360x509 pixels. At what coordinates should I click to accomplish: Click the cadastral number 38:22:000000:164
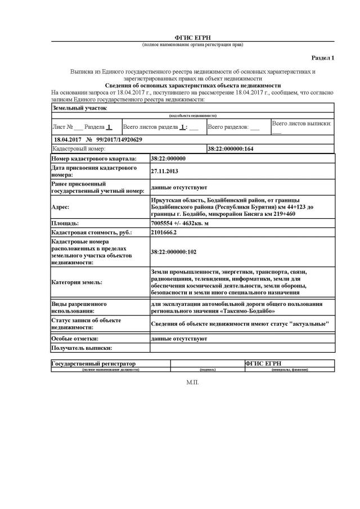231,149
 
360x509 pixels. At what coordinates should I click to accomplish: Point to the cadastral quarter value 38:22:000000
168,159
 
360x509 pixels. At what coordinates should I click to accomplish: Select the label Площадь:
65,223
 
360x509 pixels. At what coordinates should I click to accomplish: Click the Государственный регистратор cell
94,364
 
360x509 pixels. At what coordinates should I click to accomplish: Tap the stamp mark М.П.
192,382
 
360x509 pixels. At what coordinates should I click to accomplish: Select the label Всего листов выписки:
301,123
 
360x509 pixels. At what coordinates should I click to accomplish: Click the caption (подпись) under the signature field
208,370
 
